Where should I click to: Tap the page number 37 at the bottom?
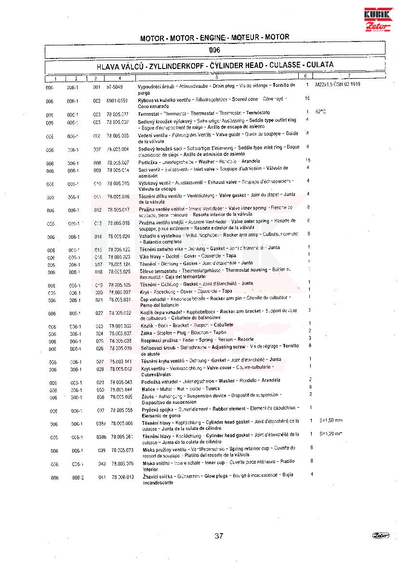[x=219, y=536]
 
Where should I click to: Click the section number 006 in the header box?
[x=215, y=50]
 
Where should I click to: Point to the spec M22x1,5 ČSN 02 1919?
[x=338, y=84]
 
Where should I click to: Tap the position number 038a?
[x=100, y=424]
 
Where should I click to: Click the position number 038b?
[x=101, y=437]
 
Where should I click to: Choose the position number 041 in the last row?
[x=101, y=477]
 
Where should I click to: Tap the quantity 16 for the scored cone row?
[x=307, y=98]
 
